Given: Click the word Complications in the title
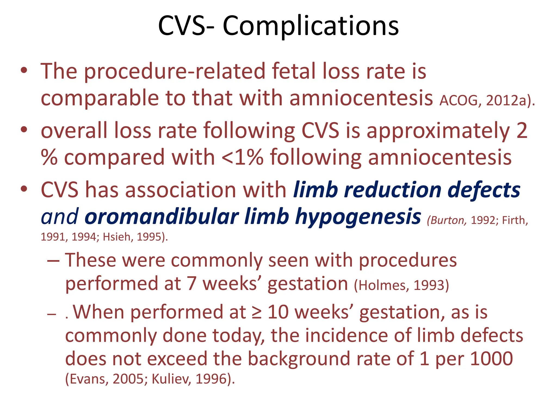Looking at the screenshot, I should click(311, 26).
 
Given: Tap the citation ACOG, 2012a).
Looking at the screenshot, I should click(487, 101).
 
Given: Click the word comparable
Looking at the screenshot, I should click(100, 98).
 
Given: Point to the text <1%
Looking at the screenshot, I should click(243, 157).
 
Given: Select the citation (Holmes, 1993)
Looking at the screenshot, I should click(401, 285).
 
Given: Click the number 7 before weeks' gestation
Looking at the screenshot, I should click(192, 284).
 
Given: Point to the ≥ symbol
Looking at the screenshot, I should click(257, 312).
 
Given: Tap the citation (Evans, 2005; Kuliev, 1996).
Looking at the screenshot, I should click(150, 379).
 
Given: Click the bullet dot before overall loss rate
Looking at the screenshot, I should click(24, 130).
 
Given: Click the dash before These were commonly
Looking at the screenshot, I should click(53, 260).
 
